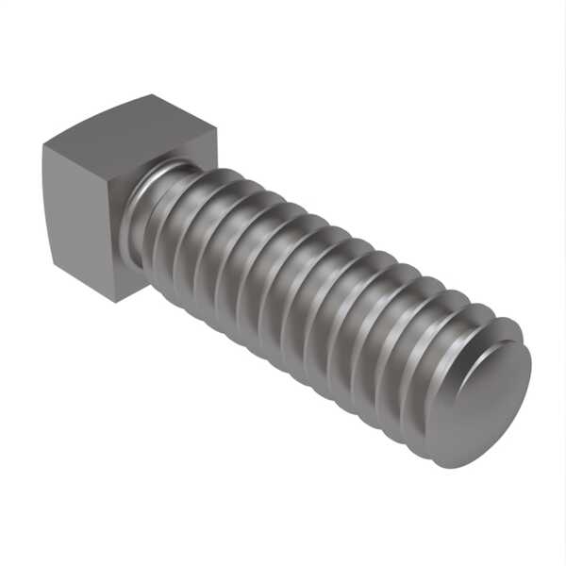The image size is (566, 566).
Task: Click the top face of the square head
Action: (132, 127)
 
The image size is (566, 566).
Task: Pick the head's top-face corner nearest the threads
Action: (216, 131)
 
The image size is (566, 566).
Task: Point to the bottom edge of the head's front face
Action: (83, 284)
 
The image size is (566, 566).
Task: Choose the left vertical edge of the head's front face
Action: (46, 203)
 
